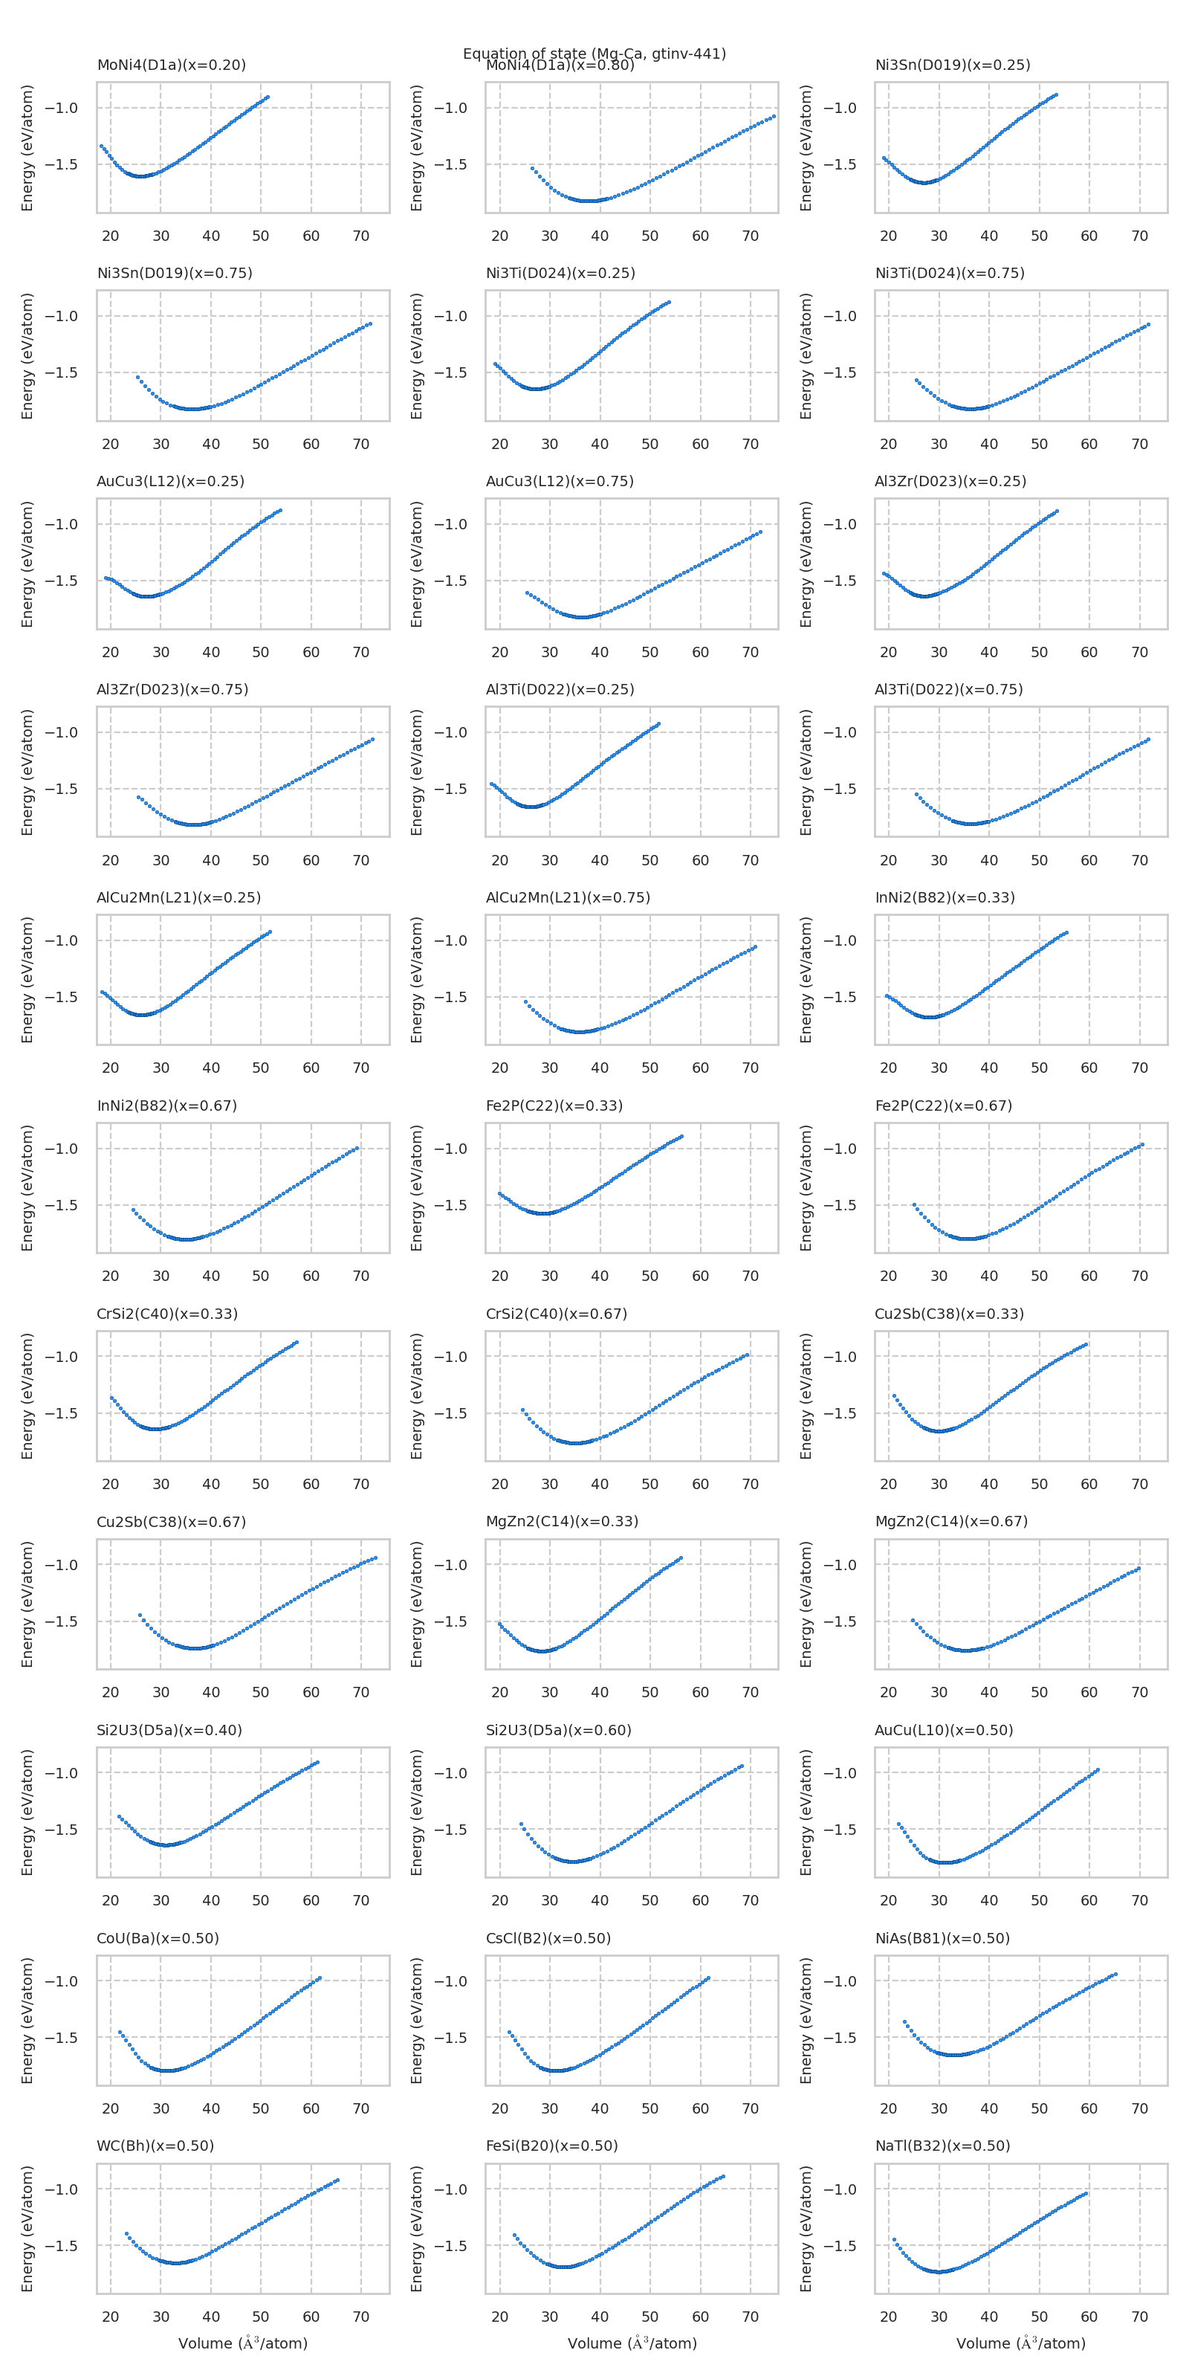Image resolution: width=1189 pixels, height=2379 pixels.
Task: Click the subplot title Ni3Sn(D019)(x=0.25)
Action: [x=952, y=65]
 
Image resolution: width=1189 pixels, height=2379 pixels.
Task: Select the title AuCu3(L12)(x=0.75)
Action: [x=560, y=481]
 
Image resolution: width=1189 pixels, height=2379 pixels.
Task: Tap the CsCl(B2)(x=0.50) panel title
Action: [x=548, y=1937]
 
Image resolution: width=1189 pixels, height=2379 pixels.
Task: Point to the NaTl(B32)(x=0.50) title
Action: [x=942, y=2146]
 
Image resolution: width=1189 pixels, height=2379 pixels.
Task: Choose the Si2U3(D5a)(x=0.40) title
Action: [x=169, y=1730]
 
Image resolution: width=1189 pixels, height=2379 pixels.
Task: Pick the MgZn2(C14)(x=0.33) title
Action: [x=561, y=1521]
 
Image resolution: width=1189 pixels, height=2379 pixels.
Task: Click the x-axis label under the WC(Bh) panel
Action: [x=243, y=2343]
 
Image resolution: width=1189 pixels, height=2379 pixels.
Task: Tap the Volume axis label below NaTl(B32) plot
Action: [x=1020, y=2343]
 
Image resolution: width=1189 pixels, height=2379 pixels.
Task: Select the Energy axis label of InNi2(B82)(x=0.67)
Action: [x=27, y=1188]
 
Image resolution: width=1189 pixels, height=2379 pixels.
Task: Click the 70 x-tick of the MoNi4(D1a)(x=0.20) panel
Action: [x=361, y=236]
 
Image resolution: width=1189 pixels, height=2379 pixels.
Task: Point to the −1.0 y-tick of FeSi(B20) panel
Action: [x=450, y=2189]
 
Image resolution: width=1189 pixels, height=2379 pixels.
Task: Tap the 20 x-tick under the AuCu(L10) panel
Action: [x=888, y=1901]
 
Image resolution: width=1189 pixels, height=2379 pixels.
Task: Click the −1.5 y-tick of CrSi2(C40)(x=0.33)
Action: [x=62, y=1413]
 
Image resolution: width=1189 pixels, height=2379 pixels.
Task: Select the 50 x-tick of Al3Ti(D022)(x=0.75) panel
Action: [x=1039, y=861]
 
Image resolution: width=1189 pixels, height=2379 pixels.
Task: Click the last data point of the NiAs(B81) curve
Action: [x=1115, y=1975]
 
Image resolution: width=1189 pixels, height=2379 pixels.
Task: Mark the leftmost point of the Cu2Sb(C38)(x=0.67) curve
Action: [x=140, y=1615]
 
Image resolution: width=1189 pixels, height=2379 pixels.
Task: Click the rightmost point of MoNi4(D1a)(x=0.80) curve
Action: [x=774, y=117]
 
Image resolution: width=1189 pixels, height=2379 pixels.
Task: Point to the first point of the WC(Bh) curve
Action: [x=126, y=2233]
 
